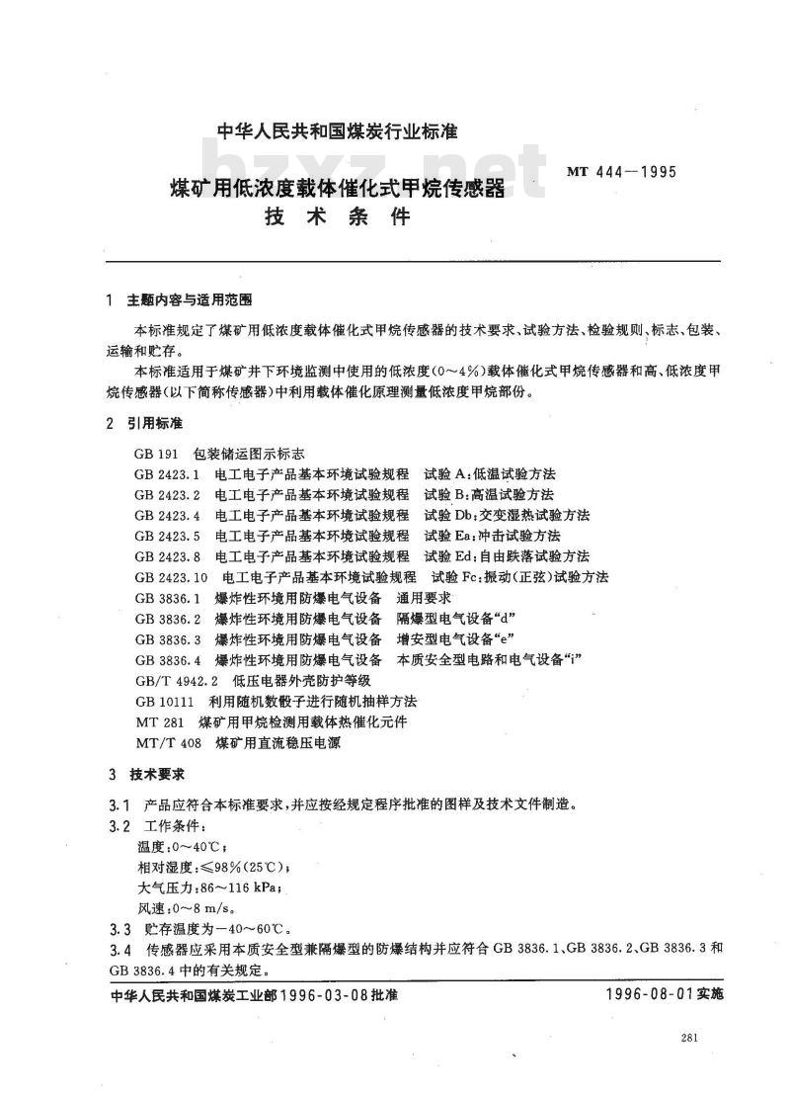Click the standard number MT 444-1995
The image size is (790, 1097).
621,171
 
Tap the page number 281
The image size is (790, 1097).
690,1037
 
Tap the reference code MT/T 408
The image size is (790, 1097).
166,742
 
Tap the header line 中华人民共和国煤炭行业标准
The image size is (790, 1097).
337,131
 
